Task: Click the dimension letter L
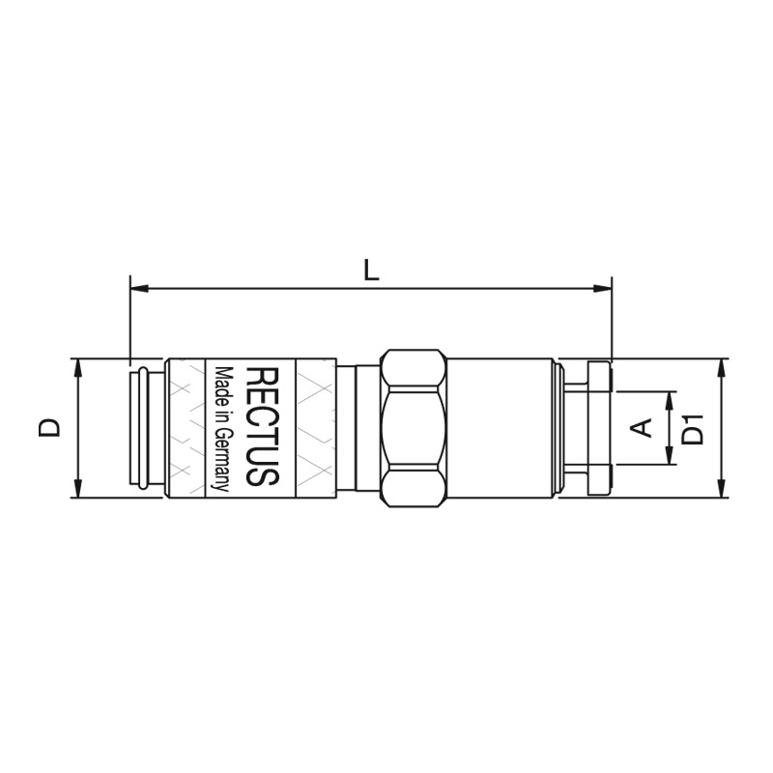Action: click(371, 271)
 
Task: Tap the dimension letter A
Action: click(642, 427)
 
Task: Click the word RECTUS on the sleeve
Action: click(262, 426)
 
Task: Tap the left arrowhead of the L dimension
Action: click(139, 288)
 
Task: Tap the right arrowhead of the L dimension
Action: click(602, 288)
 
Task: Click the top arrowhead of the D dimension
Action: click(77, 368)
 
